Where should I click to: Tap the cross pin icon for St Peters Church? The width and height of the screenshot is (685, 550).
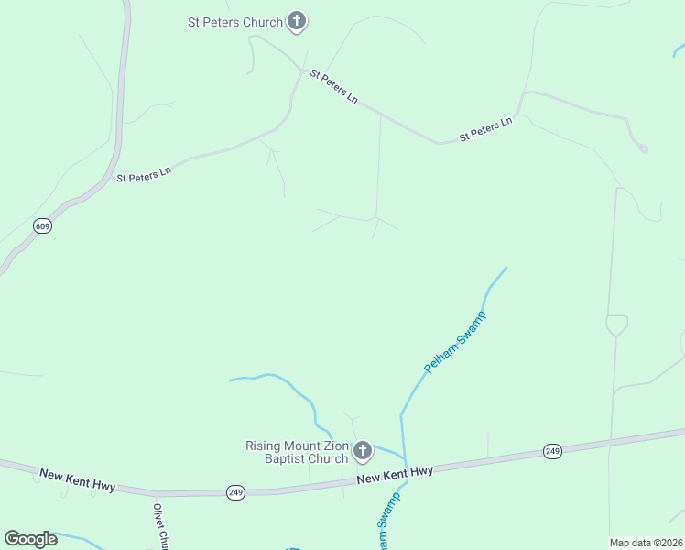(x=296, y=21)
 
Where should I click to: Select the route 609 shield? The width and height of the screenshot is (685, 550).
(x=42, y=225)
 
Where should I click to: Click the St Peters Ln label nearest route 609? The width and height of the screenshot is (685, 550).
(x=144, y=173)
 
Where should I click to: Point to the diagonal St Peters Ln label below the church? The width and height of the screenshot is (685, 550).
(x=333, y=85)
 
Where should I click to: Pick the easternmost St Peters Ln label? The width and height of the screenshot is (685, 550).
(x=485, y=130)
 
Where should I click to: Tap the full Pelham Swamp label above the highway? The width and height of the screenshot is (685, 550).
(x=455, y=342)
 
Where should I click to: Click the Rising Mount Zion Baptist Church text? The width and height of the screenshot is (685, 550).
(x=297, y=452)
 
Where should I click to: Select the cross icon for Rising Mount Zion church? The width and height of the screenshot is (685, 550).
(x=363, y=451)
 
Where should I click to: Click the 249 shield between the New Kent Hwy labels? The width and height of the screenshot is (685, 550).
(x=236, y=493)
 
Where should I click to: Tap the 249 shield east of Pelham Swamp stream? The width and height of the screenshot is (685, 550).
(x=552, y=450)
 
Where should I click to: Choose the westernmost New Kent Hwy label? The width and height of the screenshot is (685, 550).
(x=78, y=479)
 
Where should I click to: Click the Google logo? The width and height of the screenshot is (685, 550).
(x=30, y=538)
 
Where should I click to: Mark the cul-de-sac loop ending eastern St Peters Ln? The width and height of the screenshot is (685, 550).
(x=643, y=148)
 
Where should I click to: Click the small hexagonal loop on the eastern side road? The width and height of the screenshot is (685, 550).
(x=616, y=324)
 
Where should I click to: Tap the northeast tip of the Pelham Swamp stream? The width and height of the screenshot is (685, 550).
(x=506, y=268)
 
